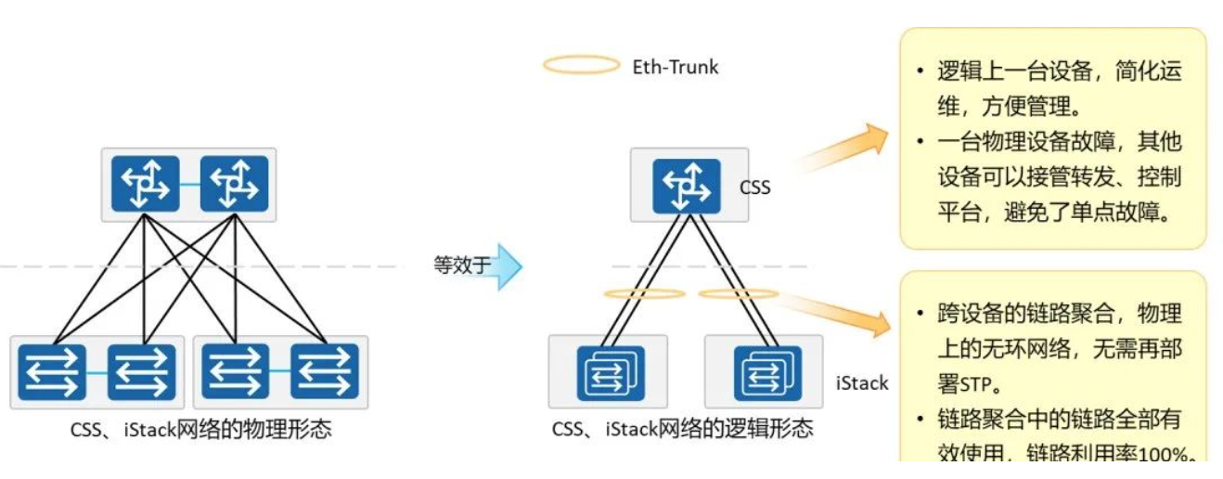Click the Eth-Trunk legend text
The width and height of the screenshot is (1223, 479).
(x=675, y=66)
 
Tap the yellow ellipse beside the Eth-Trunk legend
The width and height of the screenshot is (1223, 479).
(x=580, y=65)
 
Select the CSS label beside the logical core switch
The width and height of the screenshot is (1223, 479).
(x=754, y=188)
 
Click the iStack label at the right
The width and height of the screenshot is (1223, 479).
(x=862, y=382)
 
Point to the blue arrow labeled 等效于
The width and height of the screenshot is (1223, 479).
(x=505, y=266)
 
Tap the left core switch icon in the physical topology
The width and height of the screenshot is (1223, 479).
(x=145, y=184)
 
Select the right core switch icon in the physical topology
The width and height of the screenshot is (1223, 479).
(x=234, y=184)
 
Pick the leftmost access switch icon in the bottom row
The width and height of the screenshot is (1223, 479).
(x=52, y=371)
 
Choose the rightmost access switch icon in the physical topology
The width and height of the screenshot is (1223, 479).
(x=324, y=371)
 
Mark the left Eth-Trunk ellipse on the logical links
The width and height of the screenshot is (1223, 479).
(x=644, y=294)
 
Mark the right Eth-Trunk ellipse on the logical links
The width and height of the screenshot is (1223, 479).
(x=739, y=294)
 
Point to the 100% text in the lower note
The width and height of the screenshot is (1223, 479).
(x=1165, y=453)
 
